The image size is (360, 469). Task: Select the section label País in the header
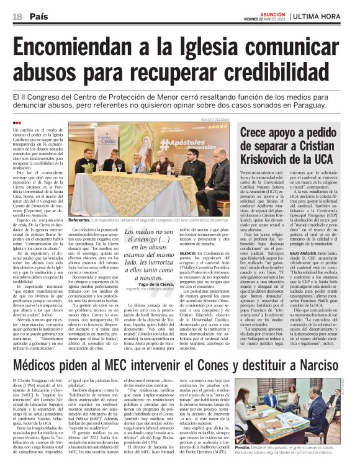coord(38,16)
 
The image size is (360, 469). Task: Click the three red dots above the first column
coord(16,123)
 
